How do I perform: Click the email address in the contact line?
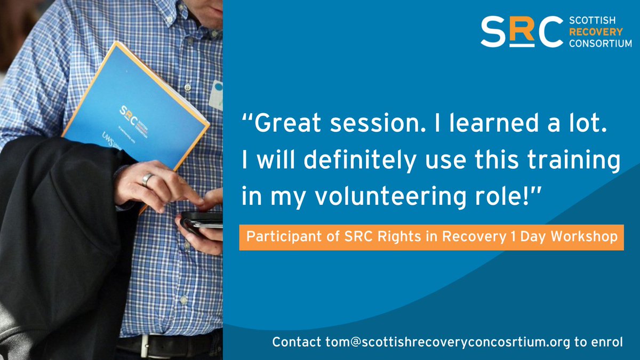[442, 342]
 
